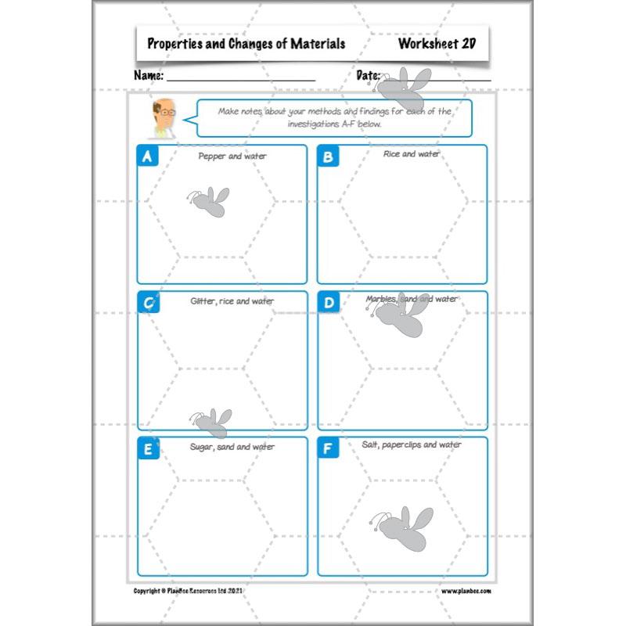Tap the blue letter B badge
(328, 156)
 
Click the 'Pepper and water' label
(232, 156)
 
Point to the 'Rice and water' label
(412, 154)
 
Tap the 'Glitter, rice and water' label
(232, 301)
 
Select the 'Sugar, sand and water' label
(232, 447)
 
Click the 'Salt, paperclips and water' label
(412, 444)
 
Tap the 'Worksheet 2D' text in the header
(437, 44)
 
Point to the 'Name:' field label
(149, 76)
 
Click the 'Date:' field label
(368, 76)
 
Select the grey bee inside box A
(209, 202)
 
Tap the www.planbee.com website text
(466, 591)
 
